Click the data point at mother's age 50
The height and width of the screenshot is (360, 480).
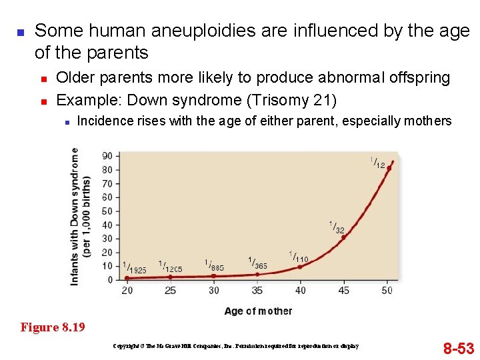(x=389, y=168)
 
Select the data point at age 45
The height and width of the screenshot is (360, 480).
(x=343, y=237)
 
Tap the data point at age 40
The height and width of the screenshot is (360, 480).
(x=300, y=267)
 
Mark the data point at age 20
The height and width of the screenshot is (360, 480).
(x=127, y=278)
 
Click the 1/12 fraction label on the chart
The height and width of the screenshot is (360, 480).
(x=377, y=162)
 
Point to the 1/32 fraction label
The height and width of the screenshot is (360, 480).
(x=337, y=227)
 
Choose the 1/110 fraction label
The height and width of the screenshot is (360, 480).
(x=298, y=257)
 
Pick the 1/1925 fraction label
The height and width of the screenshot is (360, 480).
(x=134, y=268)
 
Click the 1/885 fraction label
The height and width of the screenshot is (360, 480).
(x=214, y=265)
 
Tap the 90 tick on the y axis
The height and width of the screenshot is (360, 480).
(x=107, y=156)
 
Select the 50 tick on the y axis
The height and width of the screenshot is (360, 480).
(x=107, y=211)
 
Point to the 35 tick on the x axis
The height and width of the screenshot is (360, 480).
(x=257, y=291)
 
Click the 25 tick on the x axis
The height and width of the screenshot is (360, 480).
(x=170, y=291)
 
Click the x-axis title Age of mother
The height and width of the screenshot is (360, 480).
(x=258, y=311)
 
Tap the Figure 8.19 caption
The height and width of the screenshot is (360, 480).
(x=53, y=327)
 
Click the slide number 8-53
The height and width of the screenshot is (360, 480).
(x=459, y=348)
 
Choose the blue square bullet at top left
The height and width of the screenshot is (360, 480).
(x=19, y=32)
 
